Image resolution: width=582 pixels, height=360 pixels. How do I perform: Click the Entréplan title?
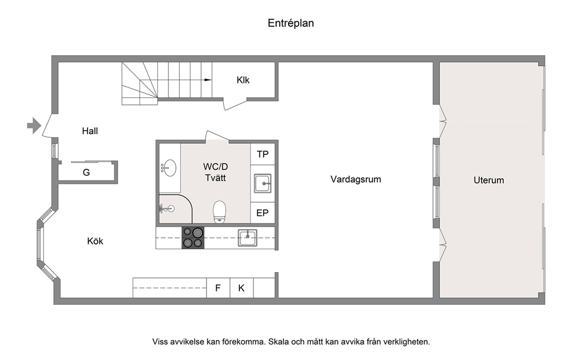pyautogui.click(x=290, y=23)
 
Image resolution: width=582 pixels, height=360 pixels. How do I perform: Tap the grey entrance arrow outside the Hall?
pyautogui.click(x=34, y=125)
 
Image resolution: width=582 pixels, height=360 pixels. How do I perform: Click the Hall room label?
pyautogui.click(x=90, y=131)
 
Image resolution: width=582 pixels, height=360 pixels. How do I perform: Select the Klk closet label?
pyautogui.click(x=243, y=80)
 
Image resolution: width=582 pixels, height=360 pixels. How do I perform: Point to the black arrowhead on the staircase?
pyautogui.click(x=208, y=80)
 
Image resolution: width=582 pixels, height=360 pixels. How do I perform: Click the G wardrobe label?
pyautogui.click(x=86, y=172)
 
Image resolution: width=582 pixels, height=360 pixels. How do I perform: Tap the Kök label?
pyautogui.click(x=95, y=241)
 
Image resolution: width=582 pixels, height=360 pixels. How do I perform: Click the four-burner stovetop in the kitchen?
pyautogui.click(x=192, y=237)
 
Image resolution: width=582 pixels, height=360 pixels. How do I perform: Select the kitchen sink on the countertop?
pyautogui.click(x=247, y=237)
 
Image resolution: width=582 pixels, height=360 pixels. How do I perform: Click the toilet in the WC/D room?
pyautogui.click(x=219, y=212)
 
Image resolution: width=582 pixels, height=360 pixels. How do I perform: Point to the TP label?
pyautogui.click(x=262, y=154)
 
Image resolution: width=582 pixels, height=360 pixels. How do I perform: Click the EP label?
pyautogui.click(x=262, y=213)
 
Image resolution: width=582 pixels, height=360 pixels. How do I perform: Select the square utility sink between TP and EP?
pyautogui.click(x=263, y=183)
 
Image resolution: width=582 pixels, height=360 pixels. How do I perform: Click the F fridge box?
pyautogui.click(x=218, y=288)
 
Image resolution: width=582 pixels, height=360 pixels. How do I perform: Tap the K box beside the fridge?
pyautogui.click(x=242, y=288)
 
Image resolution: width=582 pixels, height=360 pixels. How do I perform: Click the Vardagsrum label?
pyautogui.click(x=356, y=179)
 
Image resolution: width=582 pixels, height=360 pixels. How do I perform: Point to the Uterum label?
pyautogui.click(x=489, y=180)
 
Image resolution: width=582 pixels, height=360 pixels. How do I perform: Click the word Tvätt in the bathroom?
pyautogui.click(x=215, y=178)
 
